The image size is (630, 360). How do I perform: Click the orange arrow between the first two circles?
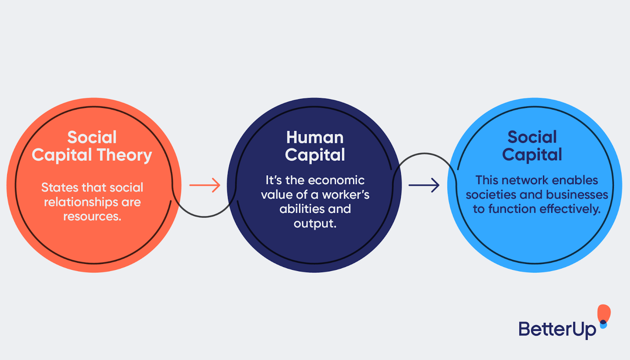coord(205,185)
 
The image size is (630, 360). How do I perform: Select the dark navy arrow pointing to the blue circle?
coord(424,185)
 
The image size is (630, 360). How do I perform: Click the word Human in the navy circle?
coord(315,137)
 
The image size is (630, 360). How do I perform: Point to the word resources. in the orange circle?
coord(92,216)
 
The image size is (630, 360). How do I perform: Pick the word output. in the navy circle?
coord(315,223)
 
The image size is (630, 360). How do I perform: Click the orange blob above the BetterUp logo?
coord(604,313)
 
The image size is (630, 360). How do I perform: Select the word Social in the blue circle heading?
coord(532,137)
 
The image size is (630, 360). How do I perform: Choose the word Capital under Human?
coord(315,155)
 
